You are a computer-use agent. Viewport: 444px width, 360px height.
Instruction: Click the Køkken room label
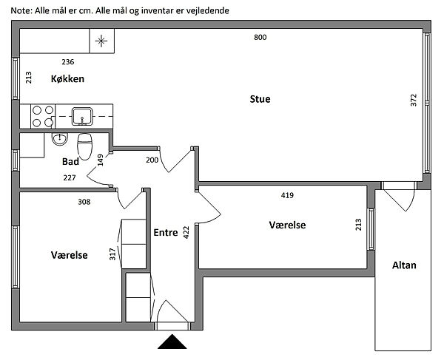tap(68, 79)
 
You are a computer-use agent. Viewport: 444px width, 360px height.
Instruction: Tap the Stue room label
tap(260, 98)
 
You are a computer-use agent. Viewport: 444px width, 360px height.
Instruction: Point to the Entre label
tap(164, 232)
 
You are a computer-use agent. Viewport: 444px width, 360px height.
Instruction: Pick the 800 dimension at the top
tap(260, 37)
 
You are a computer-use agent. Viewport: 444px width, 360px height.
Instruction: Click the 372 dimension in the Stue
tap(414, 101)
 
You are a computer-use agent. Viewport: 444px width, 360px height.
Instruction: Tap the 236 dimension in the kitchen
tap(67, 62)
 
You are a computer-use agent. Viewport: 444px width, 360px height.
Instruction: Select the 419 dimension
tap(288, 196)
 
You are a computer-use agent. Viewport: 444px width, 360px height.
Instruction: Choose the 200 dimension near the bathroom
tap(152, 160)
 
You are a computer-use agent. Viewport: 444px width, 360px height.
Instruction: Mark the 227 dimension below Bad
tap(70, 177)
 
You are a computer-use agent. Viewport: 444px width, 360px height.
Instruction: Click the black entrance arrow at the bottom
tap(172, 342)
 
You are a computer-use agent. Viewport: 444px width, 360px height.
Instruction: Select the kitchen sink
tap(81, 115)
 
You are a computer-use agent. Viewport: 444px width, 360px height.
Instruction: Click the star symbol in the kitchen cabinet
tap(102, 41)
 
